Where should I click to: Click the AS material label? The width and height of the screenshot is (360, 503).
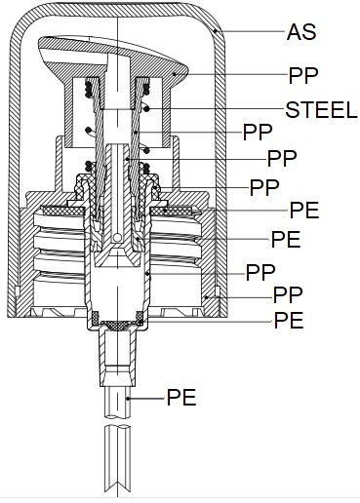[x=301, y=32]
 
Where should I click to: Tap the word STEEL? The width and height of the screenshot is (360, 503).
[x=321, y=110]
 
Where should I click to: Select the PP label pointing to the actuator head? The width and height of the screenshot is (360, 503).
[x=303, y=76]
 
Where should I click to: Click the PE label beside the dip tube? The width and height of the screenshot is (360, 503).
[x=181, y=397]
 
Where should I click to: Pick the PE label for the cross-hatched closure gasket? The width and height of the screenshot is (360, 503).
[x=304, y=210]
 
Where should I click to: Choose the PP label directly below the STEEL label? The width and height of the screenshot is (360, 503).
[x=258, y=132]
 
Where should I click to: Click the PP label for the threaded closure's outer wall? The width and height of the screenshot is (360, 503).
[x=288, y=295]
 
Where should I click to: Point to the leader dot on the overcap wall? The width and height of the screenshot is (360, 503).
[x=216, y=31]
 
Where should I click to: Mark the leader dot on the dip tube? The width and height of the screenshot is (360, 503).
[x=129, y=399]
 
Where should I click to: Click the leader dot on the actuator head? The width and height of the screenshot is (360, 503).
[x=175, y=74]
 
